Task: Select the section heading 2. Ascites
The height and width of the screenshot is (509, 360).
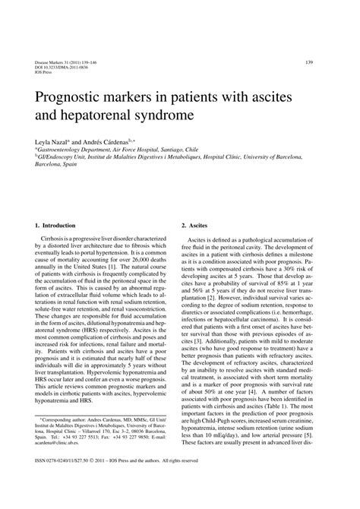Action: tap(197, 225)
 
